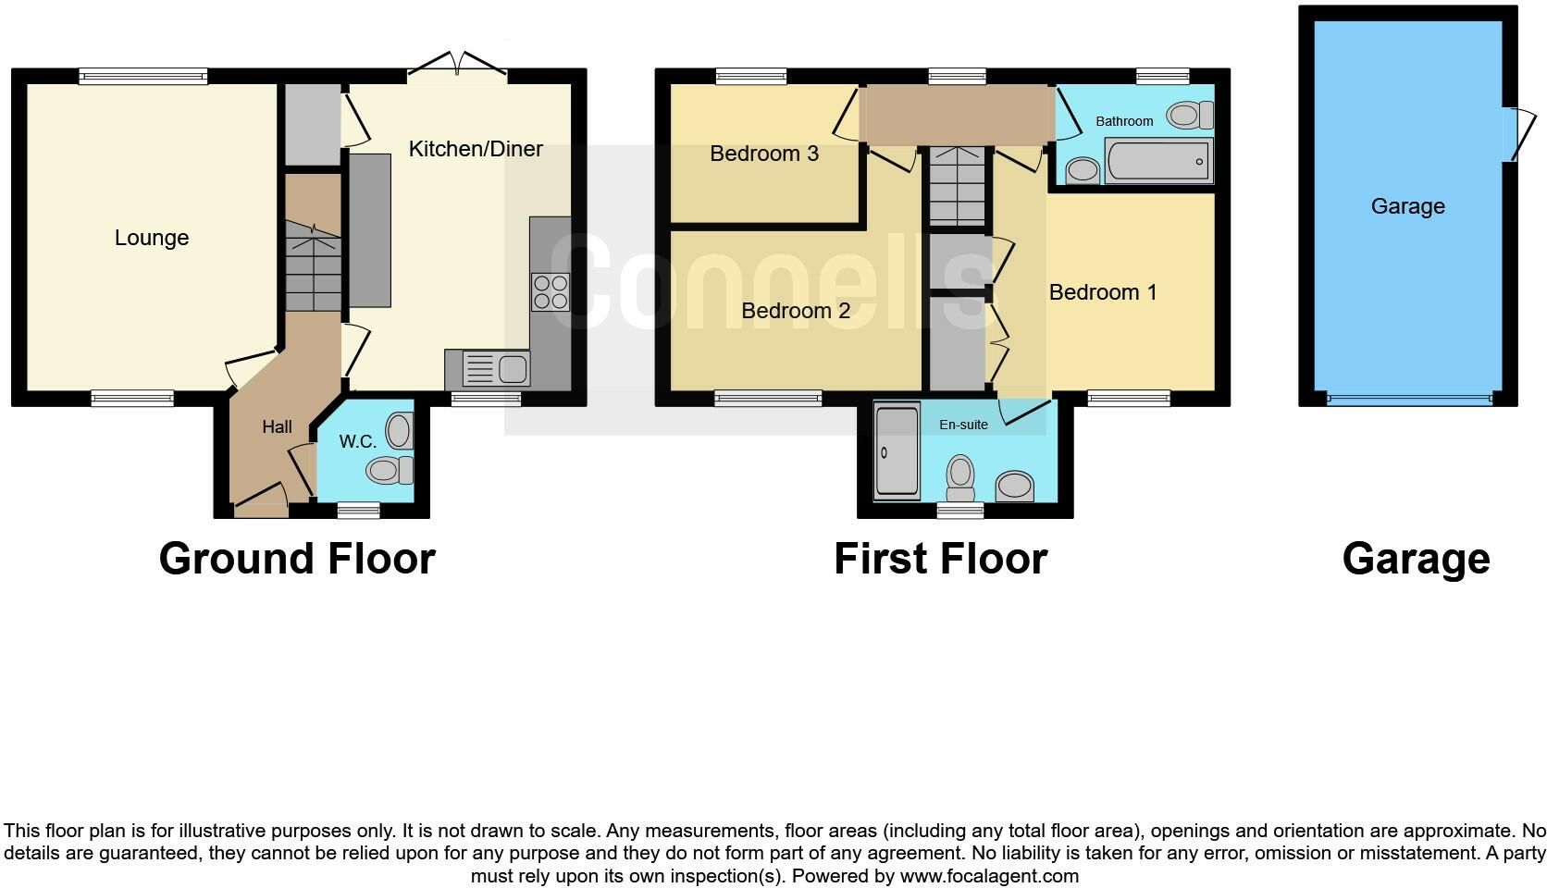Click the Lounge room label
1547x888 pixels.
pos(152,238)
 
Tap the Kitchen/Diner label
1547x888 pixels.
pos(476,149)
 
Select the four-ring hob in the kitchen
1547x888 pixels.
pos(550,292)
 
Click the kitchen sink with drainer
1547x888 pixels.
pos(489,369)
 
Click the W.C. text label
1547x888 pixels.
pos(357,442)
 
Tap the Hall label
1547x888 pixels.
pos(277,426)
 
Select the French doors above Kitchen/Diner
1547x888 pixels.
pos(458,64)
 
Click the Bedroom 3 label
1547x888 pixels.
pos(764,154)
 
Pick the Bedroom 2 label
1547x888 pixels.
pos(796,311)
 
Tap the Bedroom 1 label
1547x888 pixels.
pos(1103,292)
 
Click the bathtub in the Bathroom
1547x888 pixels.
pos(1158,162)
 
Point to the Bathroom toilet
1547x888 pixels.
pos(1190,116)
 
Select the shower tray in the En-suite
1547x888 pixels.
pos(897,450)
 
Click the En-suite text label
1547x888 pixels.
pos(963,425)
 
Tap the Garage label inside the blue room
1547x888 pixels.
pos(1407,206)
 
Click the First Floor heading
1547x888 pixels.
pos(940,559)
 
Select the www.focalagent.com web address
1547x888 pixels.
pos(988,876)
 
